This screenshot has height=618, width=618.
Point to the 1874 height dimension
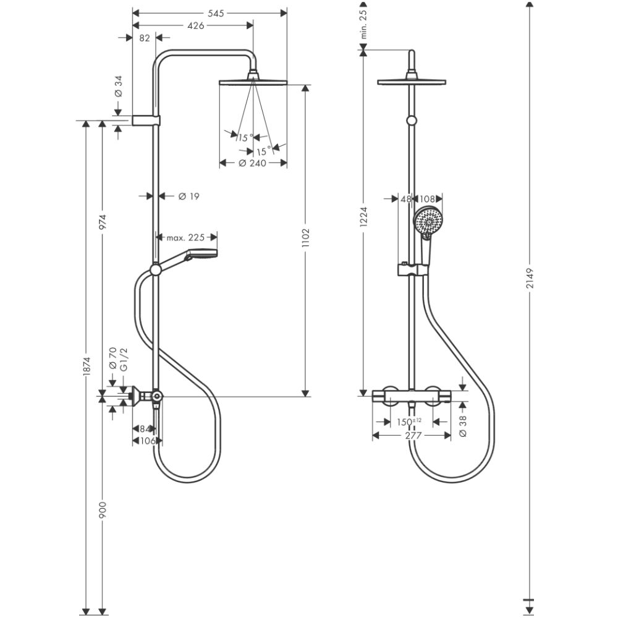point(87,368)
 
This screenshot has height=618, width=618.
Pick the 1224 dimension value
point(363,218)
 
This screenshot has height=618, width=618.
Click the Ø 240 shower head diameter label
point(252,164)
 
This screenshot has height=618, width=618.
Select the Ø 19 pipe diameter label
point(188,196)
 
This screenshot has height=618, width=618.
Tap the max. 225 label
point(185,237)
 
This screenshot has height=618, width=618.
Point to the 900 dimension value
point(103,510)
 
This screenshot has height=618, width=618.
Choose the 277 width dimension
point(412,436)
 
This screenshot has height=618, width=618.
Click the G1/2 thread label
point(124,359)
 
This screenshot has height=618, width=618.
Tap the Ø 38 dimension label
point(464,425)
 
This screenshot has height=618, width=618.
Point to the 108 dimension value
point(428,199)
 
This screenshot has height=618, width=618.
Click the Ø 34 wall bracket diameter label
point(118,85)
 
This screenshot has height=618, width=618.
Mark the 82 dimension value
point(145,38)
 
